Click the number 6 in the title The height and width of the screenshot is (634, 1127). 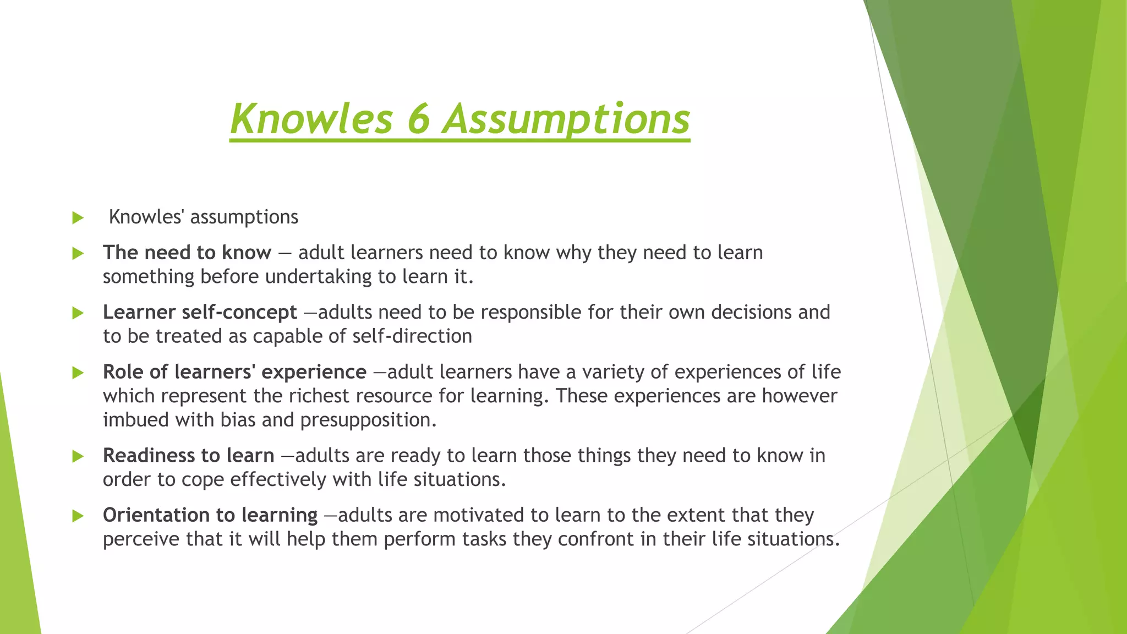pyautogui.click(x=418, y=119)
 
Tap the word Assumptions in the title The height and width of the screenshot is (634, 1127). pyautogui.click(x=566, y=120)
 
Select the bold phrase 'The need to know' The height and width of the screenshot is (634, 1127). pyautogui.click(x=187, y=253)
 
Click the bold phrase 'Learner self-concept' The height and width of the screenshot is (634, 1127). pyautogui.click(x=200, y=312)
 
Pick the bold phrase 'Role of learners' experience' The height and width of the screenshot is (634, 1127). pyautogui.click(x=234, y=372)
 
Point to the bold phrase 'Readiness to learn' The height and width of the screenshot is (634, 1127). pyautogui.click(x=188, y=456)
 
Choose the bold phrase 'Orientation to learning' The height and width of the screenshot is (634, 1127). pyautogui.click(x=210, y=515)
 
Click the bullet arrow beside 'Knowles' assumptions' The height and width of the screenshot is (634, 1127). pyautogui.click(x=78, y=218)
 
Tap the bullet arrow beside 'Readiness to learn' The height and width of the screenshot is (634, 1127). pyautogui.click(x=78, y=456)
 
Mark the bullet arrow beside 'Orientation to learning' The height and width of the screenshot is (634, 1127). pyautogui.click(x=78, y=516)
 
